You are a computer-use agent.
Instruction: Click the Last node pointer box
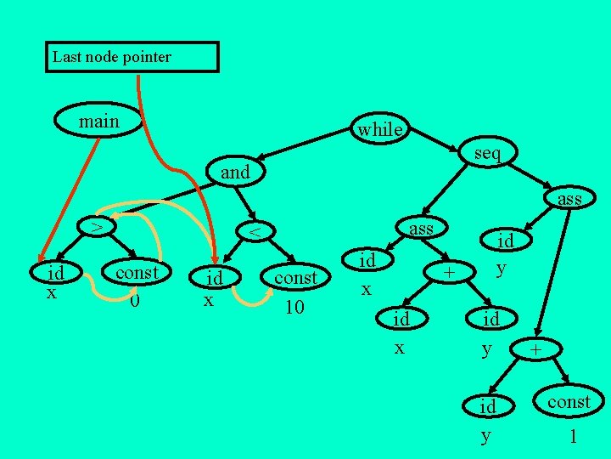pos(132,58)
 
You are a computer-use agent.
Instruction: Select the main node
pos(98,122)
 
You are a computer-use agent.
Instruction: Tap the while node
pos(379,129)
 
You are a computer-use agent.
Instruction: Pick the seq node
pos(487,153)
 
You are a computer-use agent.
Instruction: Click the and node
pos(235,172)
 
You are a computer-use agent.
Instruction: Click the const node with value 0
pos(137,273)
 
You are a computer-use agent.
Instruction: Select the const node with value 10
pos(295,278)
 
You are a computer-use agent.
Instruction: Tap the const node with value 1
pos(569,402)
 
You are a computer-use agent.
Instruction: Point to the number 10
pos(294,306)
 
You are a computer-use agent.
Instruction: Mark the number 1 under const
pos(574,436)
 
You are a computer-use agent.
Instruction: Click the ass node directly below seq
pos(569,199)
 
